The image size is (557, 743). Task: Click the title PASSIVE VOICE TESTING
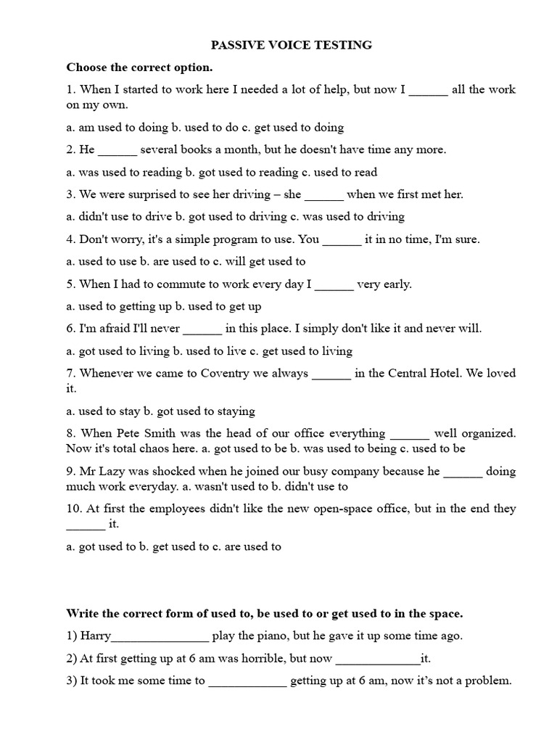291,45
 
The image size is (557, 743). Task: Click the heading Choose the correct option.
140,67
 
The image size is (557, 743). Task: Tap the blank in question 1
428,90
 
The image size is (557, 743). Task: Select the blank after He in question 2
117,150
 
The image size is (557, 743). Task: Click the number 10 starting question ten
73,509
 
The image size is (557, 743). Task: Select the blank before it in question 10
86,524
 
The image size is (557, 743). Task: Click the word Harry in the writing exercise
96,636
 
